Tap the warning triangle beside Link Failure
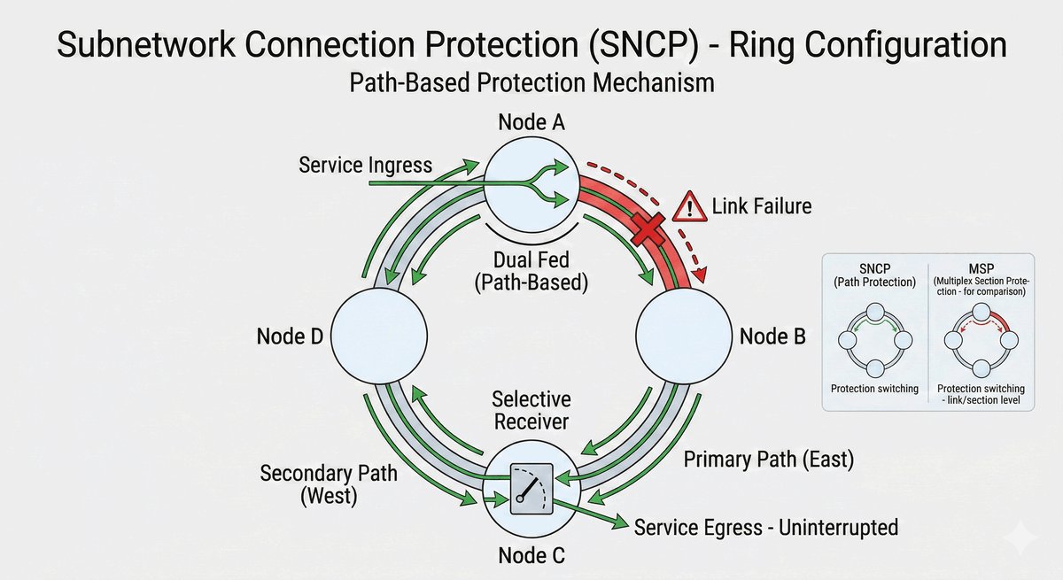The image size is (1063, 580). pos(688,208)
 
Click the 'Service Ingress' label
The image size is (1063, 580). pos(366,165)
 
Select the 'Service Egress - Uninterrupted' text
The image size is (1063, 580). pos(766,528)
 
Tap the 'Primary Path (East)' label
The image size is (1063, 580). pos(768,460)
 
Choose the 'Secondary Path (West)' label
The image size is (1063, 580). pos(329,484)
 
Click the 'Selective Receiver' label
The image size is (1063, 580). pos(531,410)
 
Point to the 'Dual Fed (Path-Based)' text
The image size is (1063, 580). pos(531,273)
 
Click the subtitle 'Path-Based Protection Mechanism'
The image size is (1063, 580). pos(531,84)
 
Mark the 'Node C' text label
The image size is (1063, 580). pos(531,555)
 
